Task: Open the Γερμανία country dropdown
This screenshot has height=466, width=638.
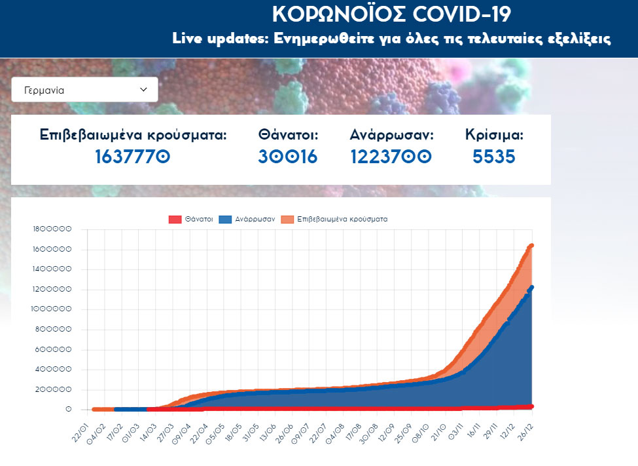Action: pyautogui.click(x=84, y=90)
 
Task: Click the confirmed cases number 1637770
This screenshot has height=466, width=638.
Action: pyautogui.click(x=133, y=157)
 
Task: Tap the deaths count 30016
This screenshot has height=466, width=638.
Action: pyautogui.click(x=288, y=157)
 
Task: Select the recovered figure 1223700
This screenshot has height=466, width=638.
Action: pyautogui.click(x=391, y=157)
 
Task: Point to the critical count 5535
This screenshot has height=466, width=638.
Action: pyautogui.click(x=494, y=157)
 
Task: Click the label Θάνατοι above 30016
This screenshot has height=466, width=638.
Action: pyautogui.click(x=288, y=136)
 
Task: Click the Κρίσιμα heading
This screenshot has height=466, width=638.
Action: pyautogui.click(x=494, y=136)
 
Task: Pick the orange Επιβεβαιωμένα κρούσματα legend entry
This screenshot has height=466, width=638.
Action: pyautogui.click(x=334, y=220)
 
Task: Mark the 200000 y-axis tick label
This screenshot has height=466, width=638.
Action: pyautogui.click(x=54, y=390)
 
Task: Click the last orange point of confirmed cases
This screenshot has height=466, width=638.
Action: pyautogui.click(x=532, y=246)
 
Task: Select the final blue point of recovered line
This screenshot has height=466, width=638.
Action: pyautogui.click(x=532, y=288)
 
